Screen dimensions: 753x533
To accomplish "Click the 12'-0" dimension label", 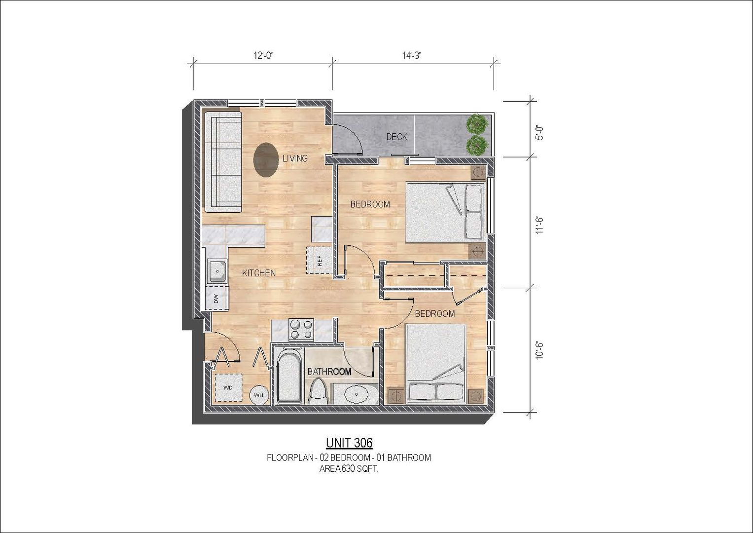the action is [262, 55].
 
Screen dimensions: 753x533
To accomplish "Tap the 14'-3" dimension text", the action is [412, 55].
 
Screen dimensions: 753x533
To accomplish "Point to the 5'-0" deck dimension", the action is [540, 133].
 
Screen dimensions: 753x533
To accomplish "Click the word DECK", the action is [396, 137].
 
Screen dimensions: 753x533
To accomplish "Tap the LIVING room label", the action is [295, 158].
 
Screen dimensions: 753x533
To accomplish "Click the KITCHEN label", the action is [259, 273].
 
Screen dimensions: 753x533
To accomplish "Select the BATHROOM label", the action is [330, 372].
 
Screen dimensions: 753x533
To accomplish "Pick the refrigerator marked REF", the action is [319, 261].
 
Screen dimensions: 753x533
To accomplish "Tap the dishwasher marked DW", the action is [216, 299].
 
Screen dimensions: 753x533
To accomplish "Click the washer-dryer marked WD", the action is [228, 387].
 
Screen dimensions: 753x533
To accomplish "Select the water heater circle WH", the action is [259, 395].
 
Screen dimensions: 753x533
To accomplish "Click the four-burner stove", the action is [301, 329].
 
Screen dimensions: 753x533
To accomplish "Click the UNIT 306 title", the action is [349, 443].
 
